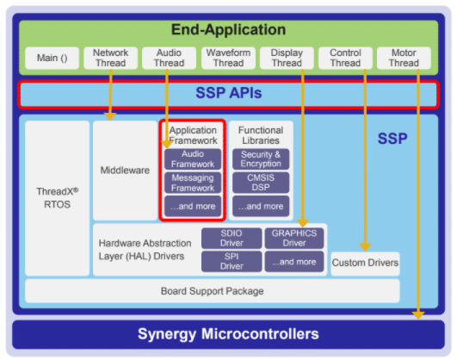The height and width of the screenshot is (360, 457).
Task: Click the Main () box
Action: (x=52, y=58)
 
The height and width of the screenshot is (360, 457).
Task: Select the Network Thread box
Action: (x=110, y=58)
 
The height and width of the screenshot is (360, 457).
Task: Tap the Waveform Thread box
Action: (x=228, y=58)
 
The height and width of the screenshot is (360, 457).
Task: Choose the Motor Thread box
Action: (x=404, y=58)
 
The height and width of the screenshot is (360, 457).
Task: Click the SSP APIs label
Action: (x=229, y=93)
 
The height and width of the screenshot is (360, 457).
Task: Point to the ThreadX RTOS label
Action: (x=57, y=198)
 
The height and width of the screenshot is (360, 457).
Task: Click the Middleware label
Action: (x=125, y=170)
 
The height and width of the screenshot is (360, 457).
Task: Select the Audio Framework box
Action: (x=193, y=159)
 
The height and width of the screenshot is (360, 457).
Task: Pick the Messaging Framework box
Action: (x=193, y=183)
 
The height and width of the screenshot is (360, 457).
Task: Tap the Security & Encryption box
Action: (x=261, y=159)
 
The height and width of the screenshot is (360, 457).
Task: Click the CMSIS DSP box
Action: (x=261, y=183)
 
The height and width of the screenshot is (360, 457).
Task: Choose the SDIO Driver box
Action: (x=232, y=238)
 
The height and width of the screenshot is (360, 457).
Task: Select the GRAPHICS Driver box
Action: (x=294, y=238)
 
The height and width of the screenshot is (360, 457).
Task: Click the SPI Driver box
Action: (x=232, y=262)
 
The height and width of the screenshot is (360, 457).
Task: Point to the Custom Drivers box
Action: (x=365, y=264)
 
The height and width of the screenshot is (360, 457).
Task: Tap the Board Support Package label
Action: (x=213, y=291)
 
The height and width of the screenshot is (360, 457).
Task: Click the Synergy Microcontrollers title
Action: (x=228, y=334)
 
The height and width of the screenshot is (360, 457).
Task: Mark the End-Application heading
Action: (x=229, y=30)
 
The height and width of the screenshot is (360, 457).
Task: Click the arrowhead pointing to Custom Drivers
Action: (x=365, y=247)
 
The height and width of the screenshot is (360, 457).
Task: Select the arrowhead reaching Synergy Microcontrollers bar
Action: (x=418, y=315)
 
